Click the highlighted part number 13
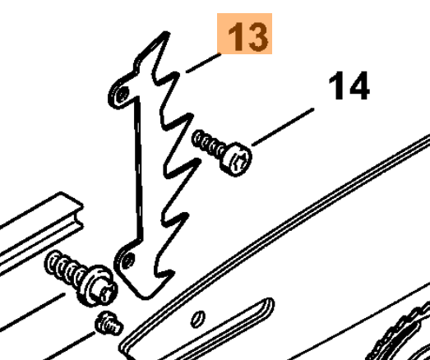(x=247, y=37)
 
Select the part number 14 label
(x=349, y=85)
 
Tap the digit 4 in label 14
(x=358, y=85)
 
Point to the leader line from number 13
(x=203, y=63)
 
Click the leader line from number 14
(x=283, y=127)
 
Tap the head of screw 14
(x=238, y=159)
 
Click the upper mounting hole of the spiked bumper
(x=123, y=94)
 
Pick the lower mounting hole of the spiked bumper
(x=127, y=261)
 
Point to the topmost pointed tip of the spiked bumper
(x=166, y=33)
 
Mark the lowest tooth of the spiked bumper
(x=164, y=275)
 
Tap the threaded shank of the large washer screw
(x=65, y=268)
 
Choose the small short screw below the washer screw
(x=109, y=324)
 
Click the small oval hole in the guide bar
(x=197, y=319)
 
